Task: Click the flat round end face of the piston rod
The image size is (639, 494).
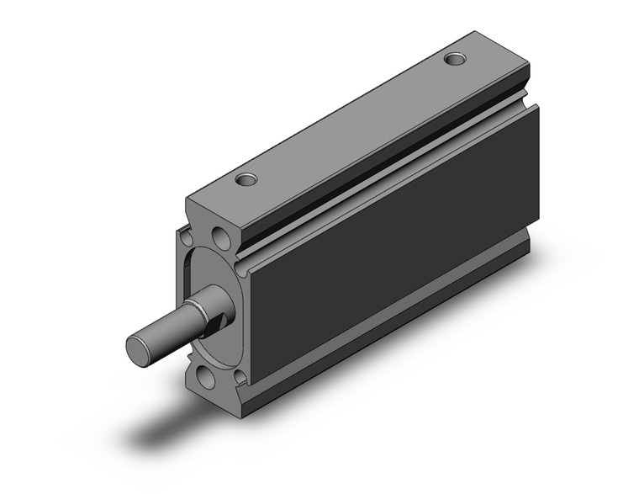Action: [138, 348]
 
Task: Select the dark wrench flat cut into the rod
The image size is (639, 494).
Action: [220, 319]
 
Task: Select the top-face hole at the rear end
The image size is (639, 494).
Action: [455, 60]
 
